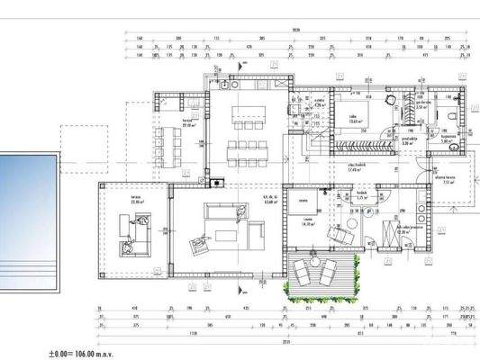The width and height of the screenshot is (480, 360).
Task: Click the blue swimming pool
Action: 27,211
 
